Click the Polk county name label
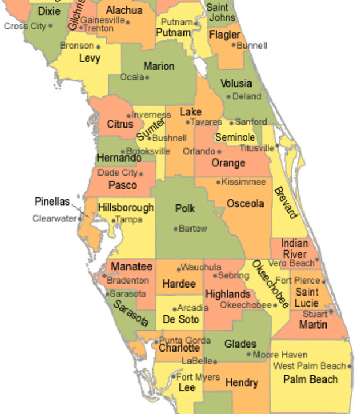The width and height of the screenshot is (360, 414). pyautogui.click(x=185, y=208)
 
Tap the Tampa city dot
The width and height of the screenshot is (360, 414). pyautogui.click(x=113, y=220)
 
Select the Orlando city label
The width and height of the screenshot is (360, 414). pyautogui.click(x=198, y=151)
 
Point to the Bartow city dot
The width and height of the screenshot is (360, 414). pyautogui.click(x=176, y=229)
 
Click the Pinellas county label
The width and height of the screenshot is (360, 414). pyautogui.click(x=52, y=202)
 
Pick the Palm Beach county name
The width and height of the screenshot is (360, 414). pyautogui.click(x=310, y=379)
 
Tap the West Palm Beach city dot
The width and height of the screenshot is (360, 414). pyautogui.click(x=350, y=366)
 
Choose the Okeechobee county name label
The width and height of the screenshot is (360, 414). pyautogui.click(x=269, y=284)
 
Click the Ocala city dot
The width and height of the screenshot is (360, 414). pyautogui.click(x=147, y=77)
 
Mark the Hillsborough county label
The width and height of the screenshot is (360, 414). pyautogui.click(x=126, y=208)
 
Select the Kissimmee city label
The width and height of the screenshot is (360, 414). pyautogui.click(x=244, y=182)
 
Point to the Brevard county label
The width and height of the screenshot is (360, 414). pyautogui.click(x=286, y=203)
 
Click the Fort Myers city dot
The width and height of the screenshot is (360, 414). pyautogui.click(x=174, y=377)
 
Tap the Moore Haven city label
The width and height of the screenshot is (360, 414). pyautogui.click(x=280, y=355)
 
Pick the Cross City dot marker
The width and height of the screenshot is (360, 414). pyautogui.click(x=51, y=26)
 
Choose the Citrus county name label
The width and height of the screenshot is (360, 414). pyautogui.click(x=120, y=124)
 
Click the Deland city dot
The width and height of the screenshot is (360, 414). pyautogui.click(x=228, y=97)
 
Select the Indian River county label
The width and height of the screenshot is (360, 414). pyautogui.click(x=294, y=249)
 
